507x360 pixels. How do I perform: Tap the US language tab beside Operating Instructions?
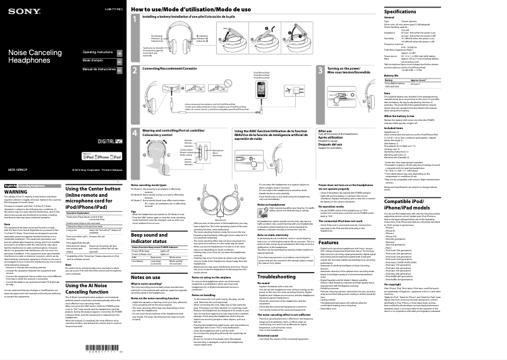[x=119, y=51]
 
